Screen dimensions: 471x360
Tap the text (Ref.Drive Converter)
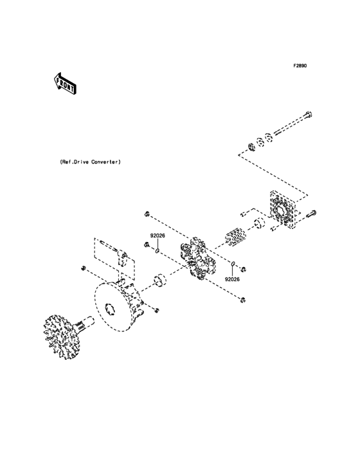pyautogui.click(x=89, y=163)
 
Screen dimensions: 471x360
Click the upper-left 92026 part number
pyautogui.click(x=158, y=236)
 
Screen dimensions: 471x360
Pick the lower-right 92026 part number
pyautogui.click(x=233, y=279)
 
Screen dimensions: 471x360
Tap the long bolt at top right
pyautogui.click(x=292, y=126)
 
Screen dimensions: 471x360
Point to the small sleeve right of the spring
pyautogui.click(x=260, y=225)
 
